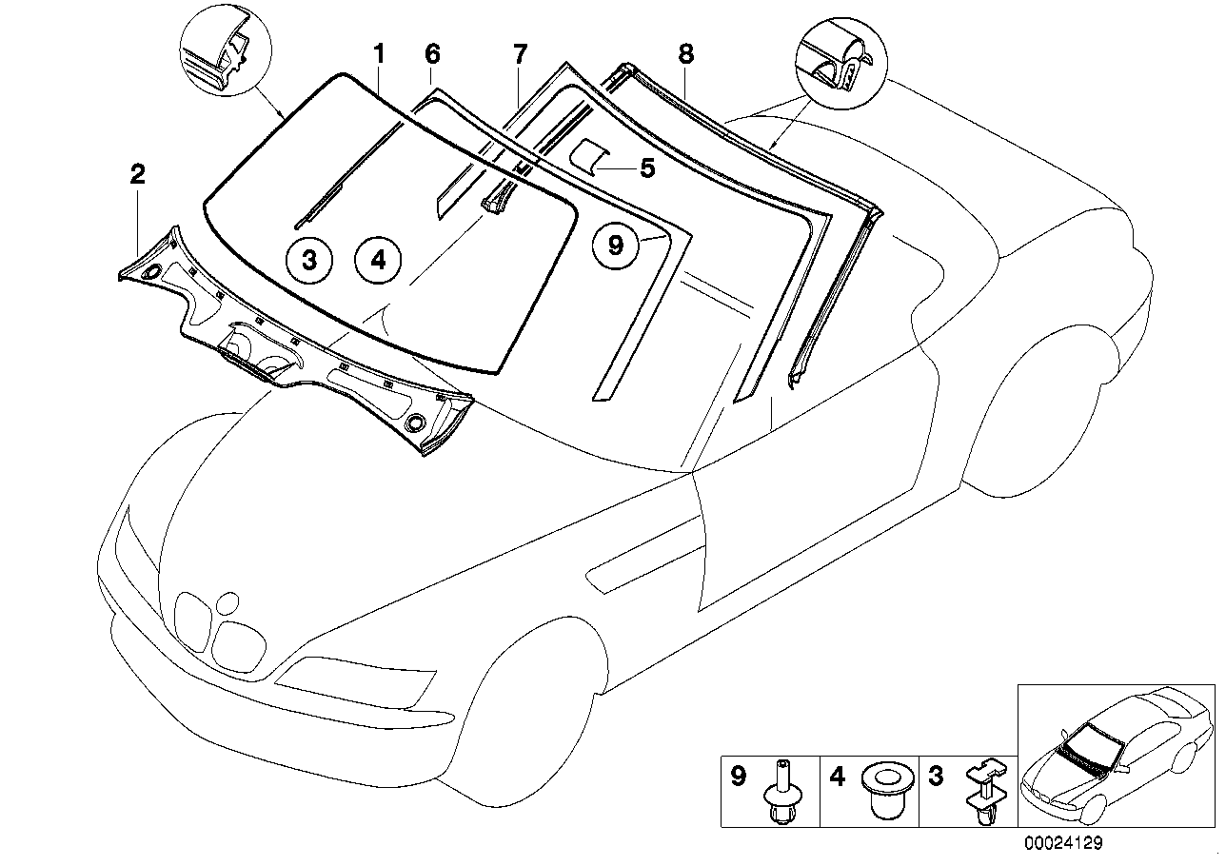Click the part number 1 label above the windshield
tap(379, 54)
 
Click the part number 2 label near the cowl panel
tap(138, 174)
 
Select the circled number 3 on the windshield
tap(309, 259)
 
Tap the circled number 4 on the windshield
tap(378, 259)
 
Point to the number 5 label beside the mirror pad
tap(646, 168)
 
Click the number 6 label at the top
tap(432, 54)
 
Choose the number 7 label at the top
tap(520, 54)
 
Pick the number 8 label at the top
tap(685, 54)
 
